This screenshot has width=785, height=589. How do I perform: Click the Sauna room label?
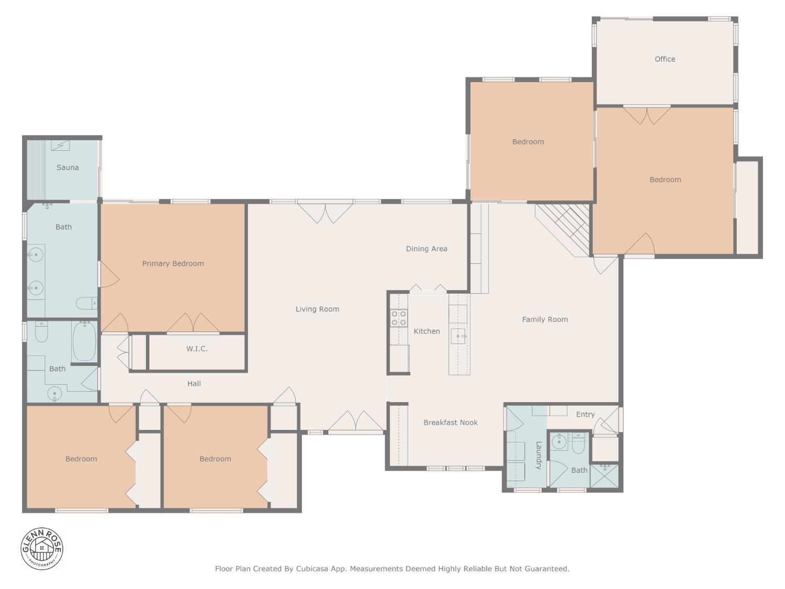tap(68, 168)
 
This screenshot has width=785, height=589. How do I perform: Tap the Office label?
tap(665, 59)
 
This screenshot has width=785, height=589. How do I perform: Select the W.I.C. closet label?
tap(197, 349)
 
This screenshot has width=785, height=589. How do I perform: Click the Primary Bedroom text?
tap(173, 263)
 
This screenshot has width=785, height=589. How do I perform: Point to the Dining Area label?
tap(427, 249)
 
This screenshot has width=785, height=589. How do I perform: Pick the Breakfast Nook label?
tap(450, 423)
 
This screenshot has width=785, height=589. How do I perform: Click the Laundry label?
tap(539, 455)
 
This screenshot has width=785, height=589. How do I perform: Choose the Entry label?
tap(585, 414)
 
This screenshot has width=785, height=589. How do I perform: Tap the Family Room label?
tap(545, 319)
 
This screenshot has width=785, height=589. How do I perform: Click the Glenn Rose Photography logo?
tap(42, 549)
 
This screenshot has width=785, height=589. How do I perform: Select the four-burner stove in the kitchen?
tap(399, 318)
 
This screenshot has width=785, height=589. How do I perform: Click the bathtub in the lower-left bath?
tap(84, 342)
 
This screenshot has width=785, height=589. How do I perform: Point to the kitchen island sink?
tap(458, 336)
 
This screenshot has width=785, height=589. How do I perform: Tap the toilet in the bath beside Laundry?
tap(578, 446)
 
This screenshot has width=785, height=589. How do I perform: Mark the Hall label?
tap(194, 384)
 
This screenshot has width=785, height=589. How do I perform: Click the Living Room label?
tap(317, 309)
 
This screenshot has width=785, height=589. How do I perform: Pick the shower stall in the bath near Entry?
tap(604, 475)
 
